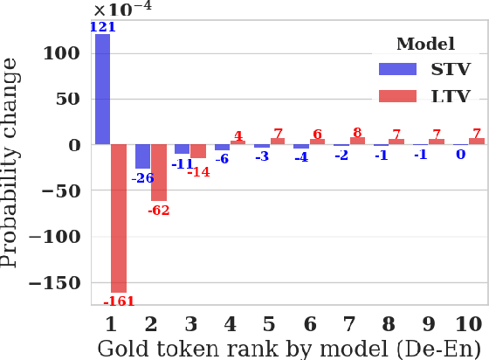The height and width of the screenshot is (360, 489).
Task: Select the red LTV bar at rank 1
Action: click(119, 218)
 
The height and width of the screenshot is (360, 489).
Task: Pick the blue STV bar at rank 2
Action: click(142, 156)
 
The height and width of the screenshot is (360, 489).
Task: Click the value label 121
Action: click(103, 27)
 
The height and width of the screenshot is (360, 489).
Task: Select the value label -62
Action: click(159, 211)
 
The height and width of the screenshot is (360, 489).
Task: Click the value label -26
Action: click(142, 177)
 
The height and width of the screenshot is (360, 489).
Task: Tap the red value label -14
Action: click(199, 171)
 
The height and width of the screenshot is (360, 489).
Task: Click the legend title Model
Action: click(424, 44)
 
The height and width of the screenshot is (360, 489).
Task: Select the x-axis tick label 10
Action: click(468, 324)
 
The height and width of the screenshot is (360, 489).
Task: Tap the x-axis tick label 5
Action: click(269, 324)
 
